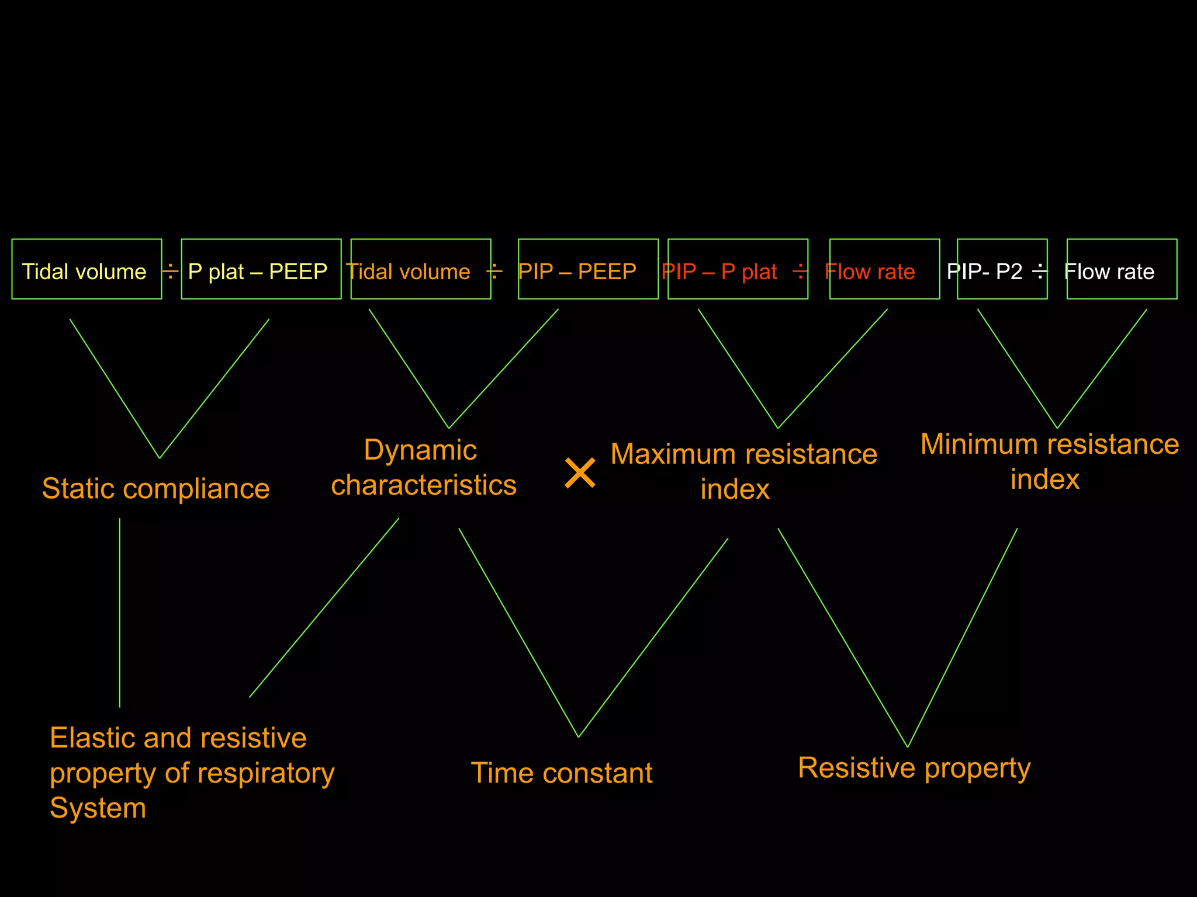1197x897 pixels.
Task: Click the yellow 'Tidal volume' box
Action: tap(87, 269)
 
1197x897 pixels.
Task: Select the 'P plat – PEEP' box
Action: tap(261, 269)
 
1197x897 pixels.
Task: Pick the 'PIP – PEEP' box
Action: tap(587, 269)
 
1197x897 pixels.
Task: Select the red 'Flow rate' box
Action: tap(884, 269)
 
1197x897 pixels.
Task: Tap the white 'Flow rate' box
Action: tap(1121, 269)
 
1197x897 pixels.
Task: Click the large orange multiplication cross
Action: tap(580, 473)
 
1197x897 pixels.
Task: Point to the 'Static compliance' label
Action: tap(155, 489)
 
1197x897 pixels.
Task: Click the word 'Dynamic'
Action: tap(420, 450)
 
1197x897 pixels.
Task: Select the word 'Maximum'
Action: tap(672, 454)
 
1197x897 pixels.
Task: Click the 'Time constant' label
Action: tap(561, 773)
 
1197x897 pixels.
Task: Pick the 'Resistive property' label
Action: tap(914, 768)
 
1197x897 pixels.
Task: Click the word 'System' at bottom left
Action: tap(98, 808)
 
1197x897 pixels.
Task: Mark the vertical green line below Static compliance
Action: tap(120, 613)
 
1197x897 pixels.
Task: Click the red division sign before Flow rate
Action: tap(800, 271)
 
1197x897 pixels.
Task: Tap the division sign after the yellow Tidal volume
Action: tap(170, 272)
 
